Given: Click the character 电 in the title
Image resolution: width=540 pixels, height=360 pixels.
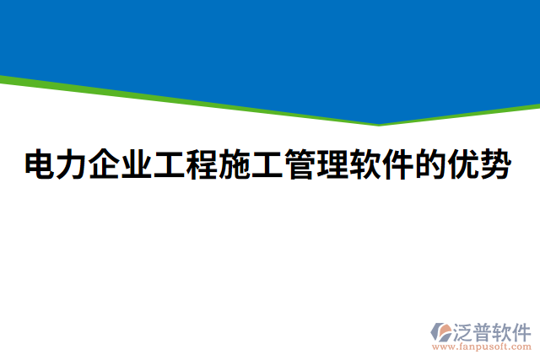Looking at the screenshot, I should tap(39, 165).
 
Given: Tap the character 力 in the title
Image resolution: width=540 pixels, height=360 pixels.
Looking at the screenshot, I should tap(73, 165).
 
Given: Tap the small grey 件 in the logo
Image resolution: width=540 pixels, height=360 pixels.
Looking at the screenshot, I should tap(523, 330).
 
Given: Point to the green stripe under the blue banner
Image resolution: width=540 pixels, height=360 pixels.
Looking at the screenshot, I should tap(169, 99).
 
